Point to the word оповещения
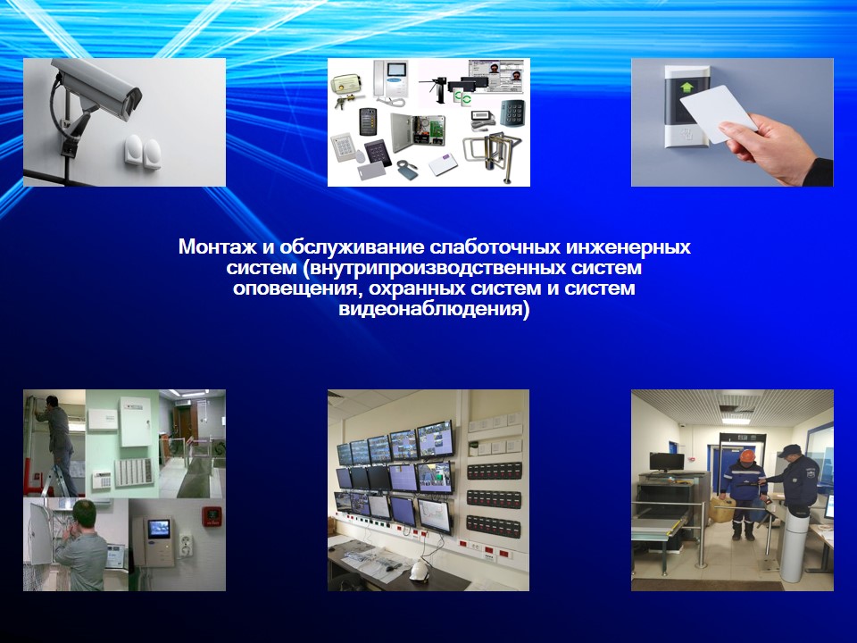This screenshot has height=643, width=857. (296, 288)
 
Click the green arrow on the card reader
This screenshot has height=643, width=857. (686, 87)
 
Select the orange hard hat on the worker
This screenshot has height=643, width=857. (746, 456)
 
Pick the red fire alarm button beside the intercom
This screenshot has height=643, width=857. (212, 515)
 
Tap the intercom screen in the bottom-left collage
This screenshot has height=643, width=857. (159, 528)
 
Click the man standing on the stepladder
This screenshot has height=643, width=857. (57, 443)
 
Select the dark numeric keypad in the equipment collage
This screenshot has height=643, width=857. (512, 113)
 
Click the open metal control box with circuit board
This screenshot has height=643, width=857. (420, 132)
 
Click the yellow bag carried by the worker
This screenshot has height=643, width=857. (722, 510)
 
